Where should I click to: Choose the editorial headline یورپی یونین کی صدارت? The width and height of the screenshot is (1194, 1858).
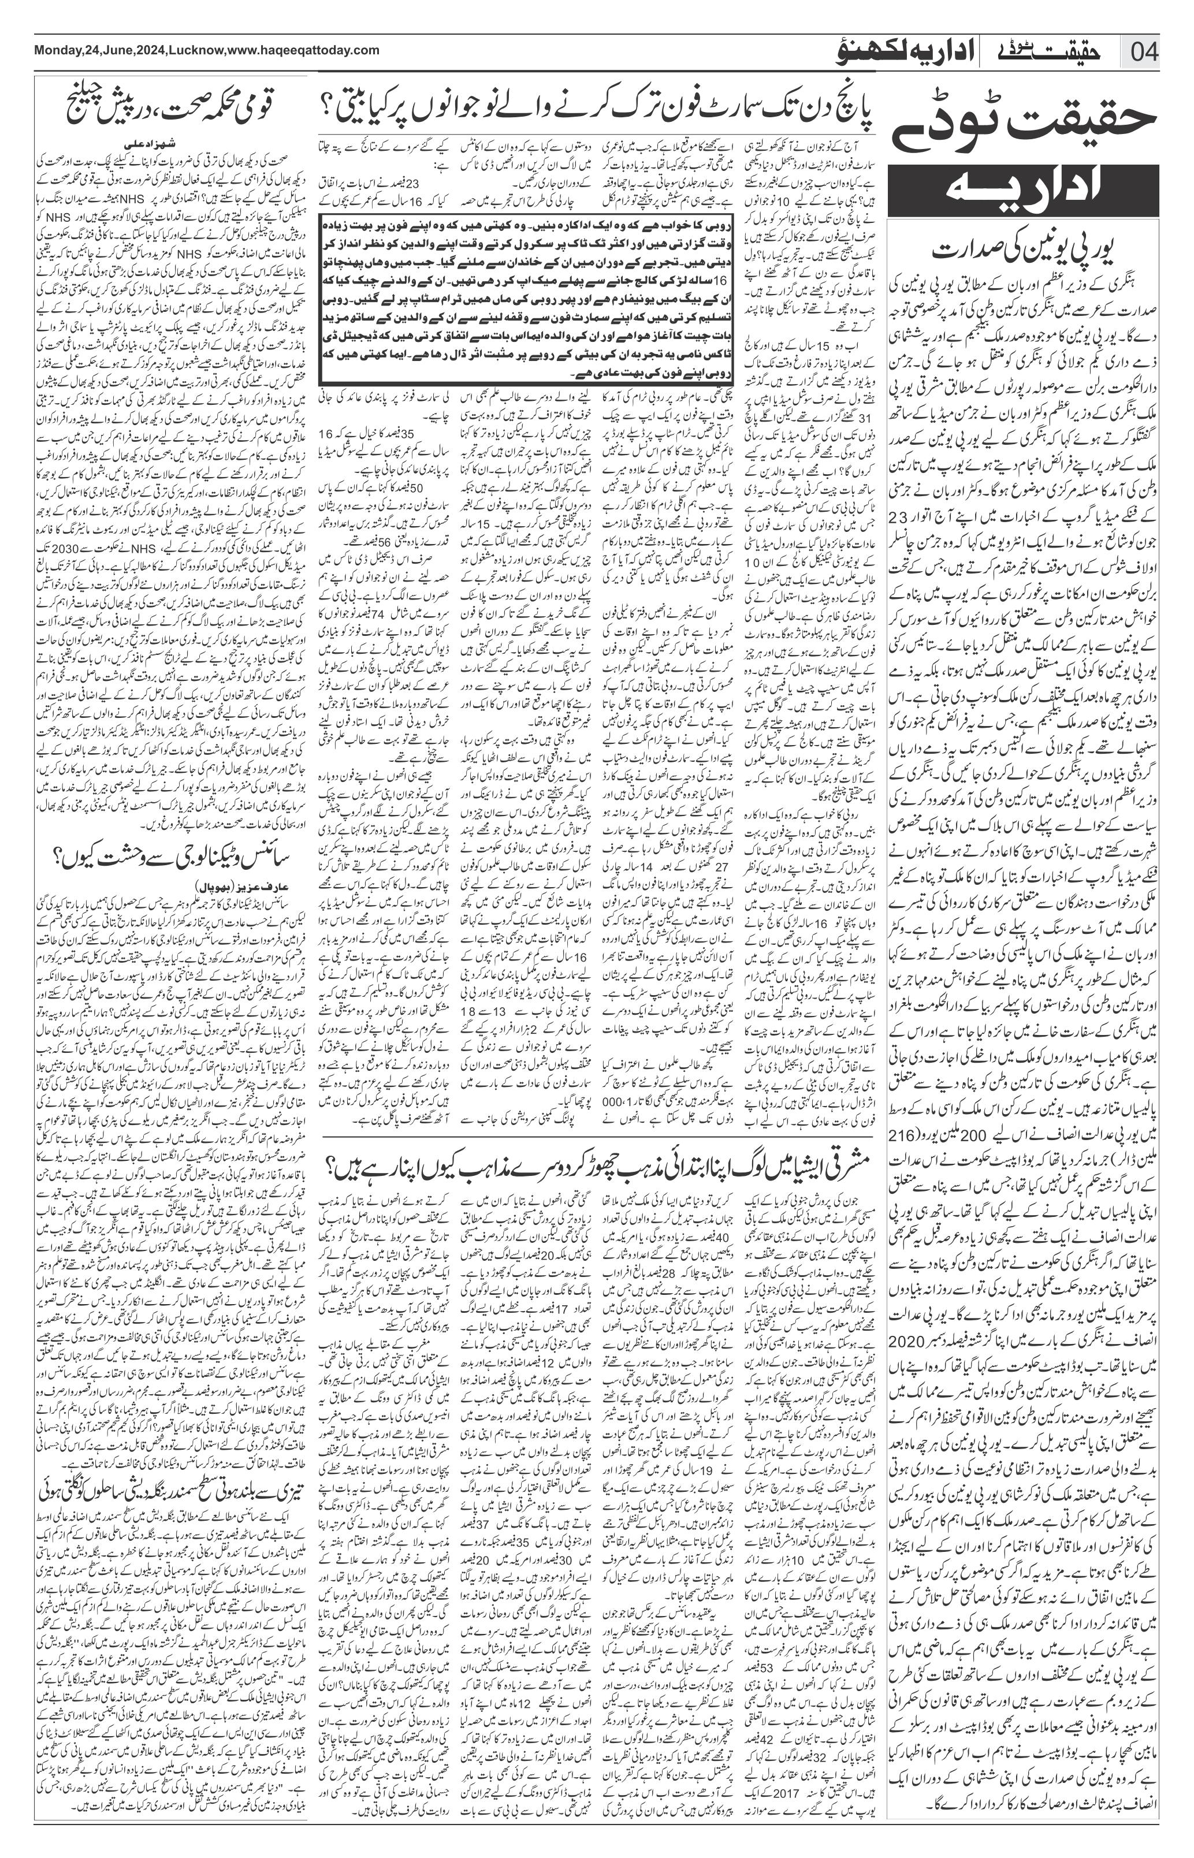click(x=1025, y=252)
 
